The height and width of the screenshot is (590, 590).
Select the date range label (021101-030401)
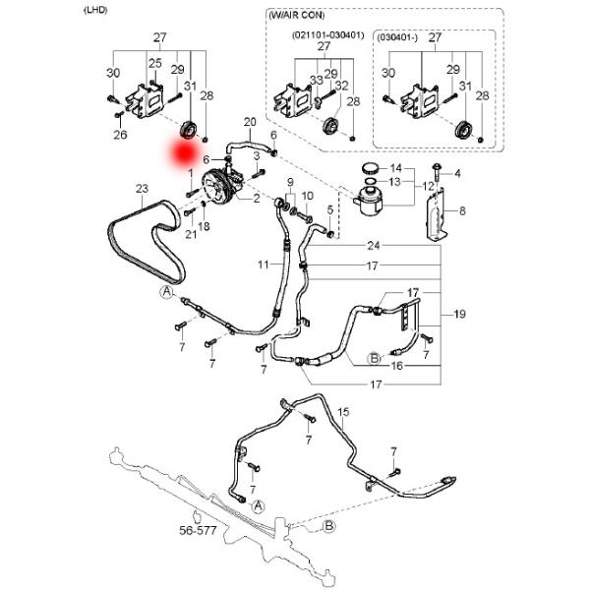point(327,34)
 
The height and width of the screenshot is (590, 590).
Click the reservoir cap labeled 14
point(371,168)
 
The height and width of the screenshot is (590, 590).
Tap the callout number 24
point(373,245)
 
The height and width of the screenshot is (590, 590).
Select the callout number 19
point(459,315)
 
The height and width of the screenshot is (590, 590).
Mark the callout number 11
point(264,265)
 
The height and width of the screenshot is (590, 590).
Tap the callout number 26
point(120,135)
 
